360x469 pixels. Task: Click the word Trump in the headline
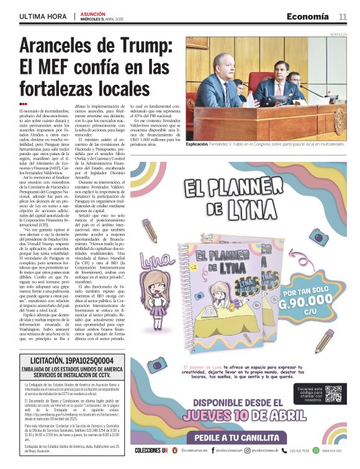[x=142, y=47]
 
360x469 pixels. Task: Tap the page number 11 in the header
[x=343, y=16]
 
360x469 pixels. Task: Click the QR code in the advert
[x=333, y=394]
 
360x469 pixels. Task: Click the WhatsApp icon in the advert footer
[x=316, y=450]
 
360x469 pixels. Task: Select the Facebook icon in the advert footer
[x=212, y=450]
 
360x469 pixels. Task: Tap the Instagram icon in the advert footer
[x=254, y=450]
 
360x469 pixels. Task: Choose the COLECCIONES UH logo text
[x=151, y=450]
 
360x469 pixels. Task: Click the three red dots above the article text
[x=23, y=104]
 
